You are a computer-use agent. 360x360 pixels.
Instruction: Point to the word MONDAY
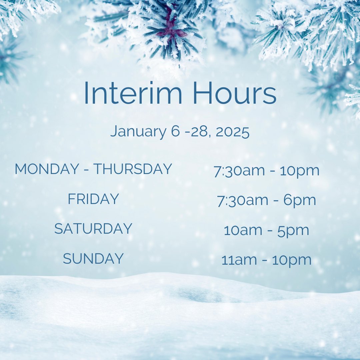click(47, 169)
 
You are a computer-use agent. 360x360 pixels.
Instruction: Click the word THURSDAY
click(132, 169)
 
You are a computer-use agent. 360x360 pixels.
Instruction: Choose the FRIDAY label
click(93, 199)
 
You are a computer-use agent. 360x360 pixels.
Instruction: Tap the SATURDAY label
click(93, 229)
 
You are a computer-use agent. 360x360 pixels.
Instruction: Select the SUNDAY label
click(93, 259)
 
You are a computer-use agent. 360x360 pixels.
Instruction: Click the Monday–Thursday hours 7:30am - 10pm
click(266, 171)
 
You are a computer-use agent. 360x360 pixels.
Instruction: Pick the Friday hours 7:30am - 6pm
click(266, 200)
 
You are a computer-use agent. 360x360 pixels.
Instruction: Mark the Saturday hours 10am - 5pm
click(266, 230)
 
